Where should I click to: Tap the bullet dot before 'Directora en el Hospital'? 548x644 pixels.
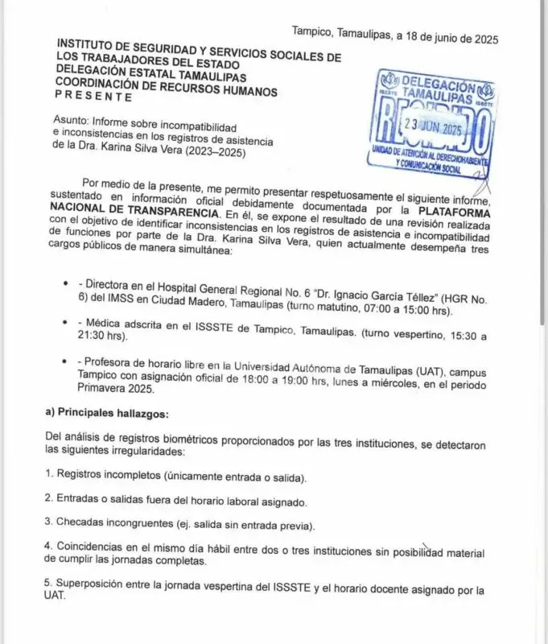(x=64, y=286)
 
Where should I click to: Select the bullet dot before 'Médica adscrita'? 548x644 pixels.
(x=64, y=322)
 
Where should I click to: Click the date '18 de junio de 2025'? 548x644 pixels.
(x=447, y=36)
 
